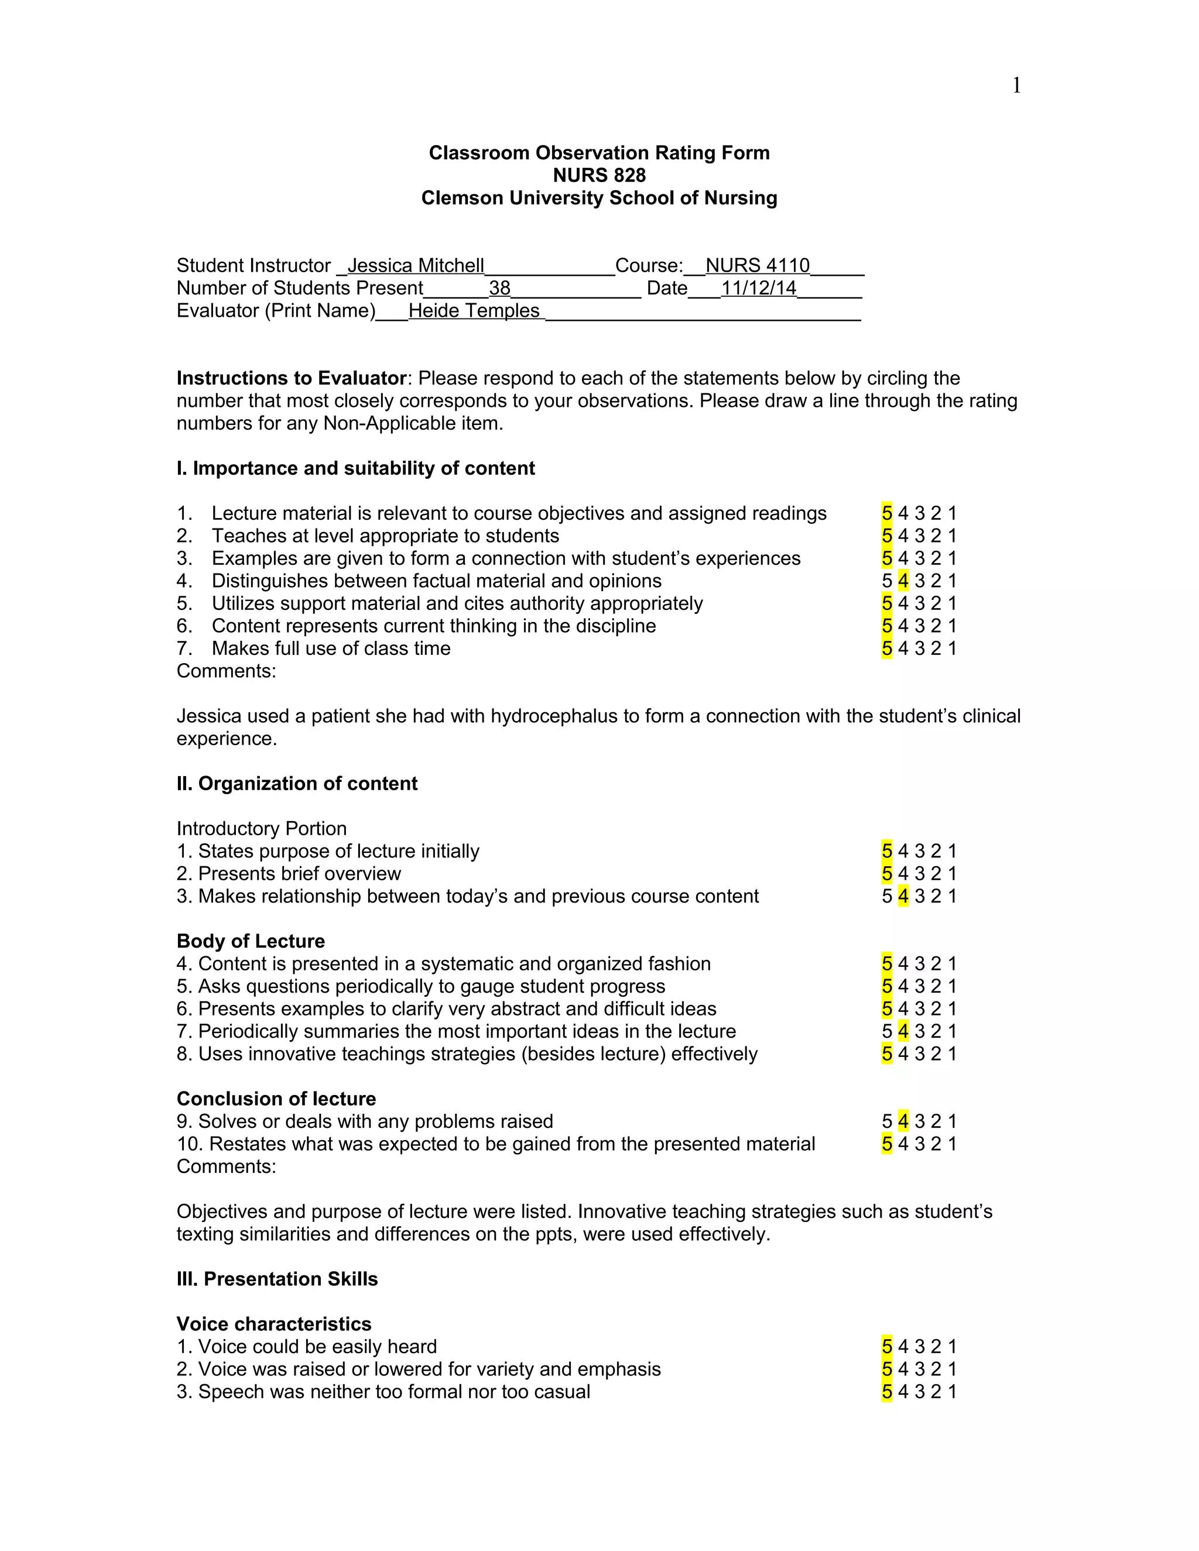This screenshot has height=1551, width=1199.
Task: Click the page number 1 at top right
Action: click(x=1016, y=86)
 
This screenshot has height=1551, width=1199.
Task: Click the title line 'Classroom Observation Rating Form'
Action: click(x=599, y=153)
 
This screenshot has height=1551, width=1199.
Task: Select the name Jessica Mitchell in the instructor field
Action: click(x=416, y=266)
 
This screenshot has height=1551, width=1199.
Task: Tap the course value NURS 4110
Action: click(x=757, y=266)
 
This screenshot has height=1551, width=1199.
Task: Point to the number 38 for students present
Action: click(x=499, y=289)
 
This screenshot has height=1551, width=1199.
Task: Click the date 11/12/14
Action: click(x=758, y=289)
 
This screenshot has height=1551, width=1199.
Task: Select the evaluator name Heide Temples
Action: click(x=474, y=311)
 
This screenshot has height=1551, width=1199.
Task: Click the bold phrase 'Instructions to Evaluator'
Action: click(x=291, y=378)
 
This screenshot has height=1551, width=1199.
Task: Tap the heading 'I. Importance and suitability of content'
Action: click(x=355, y=468)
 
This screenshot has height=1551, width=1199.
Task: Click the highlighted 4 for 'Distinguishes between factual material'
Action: click(x=903, y=581)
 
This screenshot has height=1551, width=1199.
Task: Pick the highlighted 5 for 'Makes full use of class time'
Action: click(x=886, y=648)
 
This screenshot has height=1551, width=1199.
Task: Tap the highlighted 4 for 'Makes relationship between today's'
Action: click(x=903, y=896)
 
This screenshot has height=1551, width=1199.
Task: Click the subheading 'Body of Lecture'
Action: click(x=251, y=941)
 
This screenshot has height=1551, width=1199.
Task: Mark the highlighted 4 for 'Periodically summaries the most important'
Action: click(x=903, y=1031)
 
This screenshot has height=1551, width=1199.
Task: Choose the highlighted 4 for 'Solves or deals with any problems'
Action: click(x=903, y=1121)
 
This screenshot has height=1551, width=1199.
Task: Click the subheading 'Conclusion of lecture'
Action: click(x=276, y=1099)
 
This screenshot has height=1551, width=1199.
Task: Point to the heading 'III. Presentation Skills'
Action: click(x=277, y=1279)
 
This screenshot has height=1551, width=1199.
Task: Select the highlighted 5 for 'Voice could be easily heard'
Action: click(x=886, y=1347)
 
